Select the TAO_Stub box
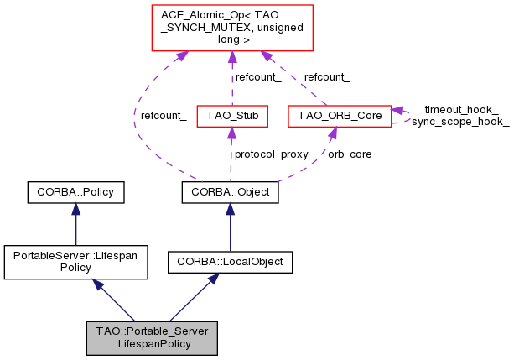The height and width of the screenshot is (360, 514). (231, 115)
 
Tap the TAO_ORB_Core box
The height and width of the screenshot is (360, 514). (339, 115)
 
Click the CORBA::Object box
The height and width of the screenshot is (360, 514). (230, 192)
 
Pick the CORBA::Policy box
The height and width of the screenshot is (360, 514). (75, 192)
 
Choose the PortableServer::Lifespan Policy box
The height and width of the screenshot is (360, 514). (75, 262)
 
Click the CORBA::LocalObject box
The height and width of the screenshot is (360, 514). (230, 262)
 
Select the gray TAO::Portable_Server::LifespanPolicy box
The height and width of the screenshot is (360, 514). (152, 337)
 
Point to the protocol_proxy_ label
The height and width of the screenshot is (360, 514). (275, 154)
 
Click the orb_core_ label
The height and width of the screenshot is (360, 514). (353, 154)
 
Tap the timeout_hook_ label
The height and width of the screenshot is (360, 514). (461, 109)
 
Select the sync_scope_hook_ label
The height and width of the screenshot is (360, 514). (459, 122)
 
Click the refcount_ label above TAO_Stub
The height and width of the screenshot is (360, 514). (257, 76)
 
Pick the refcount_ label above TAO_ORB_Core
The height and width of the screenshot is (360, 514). (327, 76)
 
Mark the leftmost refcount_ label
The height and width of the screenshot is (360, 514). (164, 115)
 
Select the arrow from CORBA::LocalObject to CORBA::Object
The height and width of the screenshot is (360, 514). (230, 227)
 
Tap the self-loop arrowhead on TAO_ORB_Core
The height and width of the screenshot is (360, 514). (397, 110)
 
